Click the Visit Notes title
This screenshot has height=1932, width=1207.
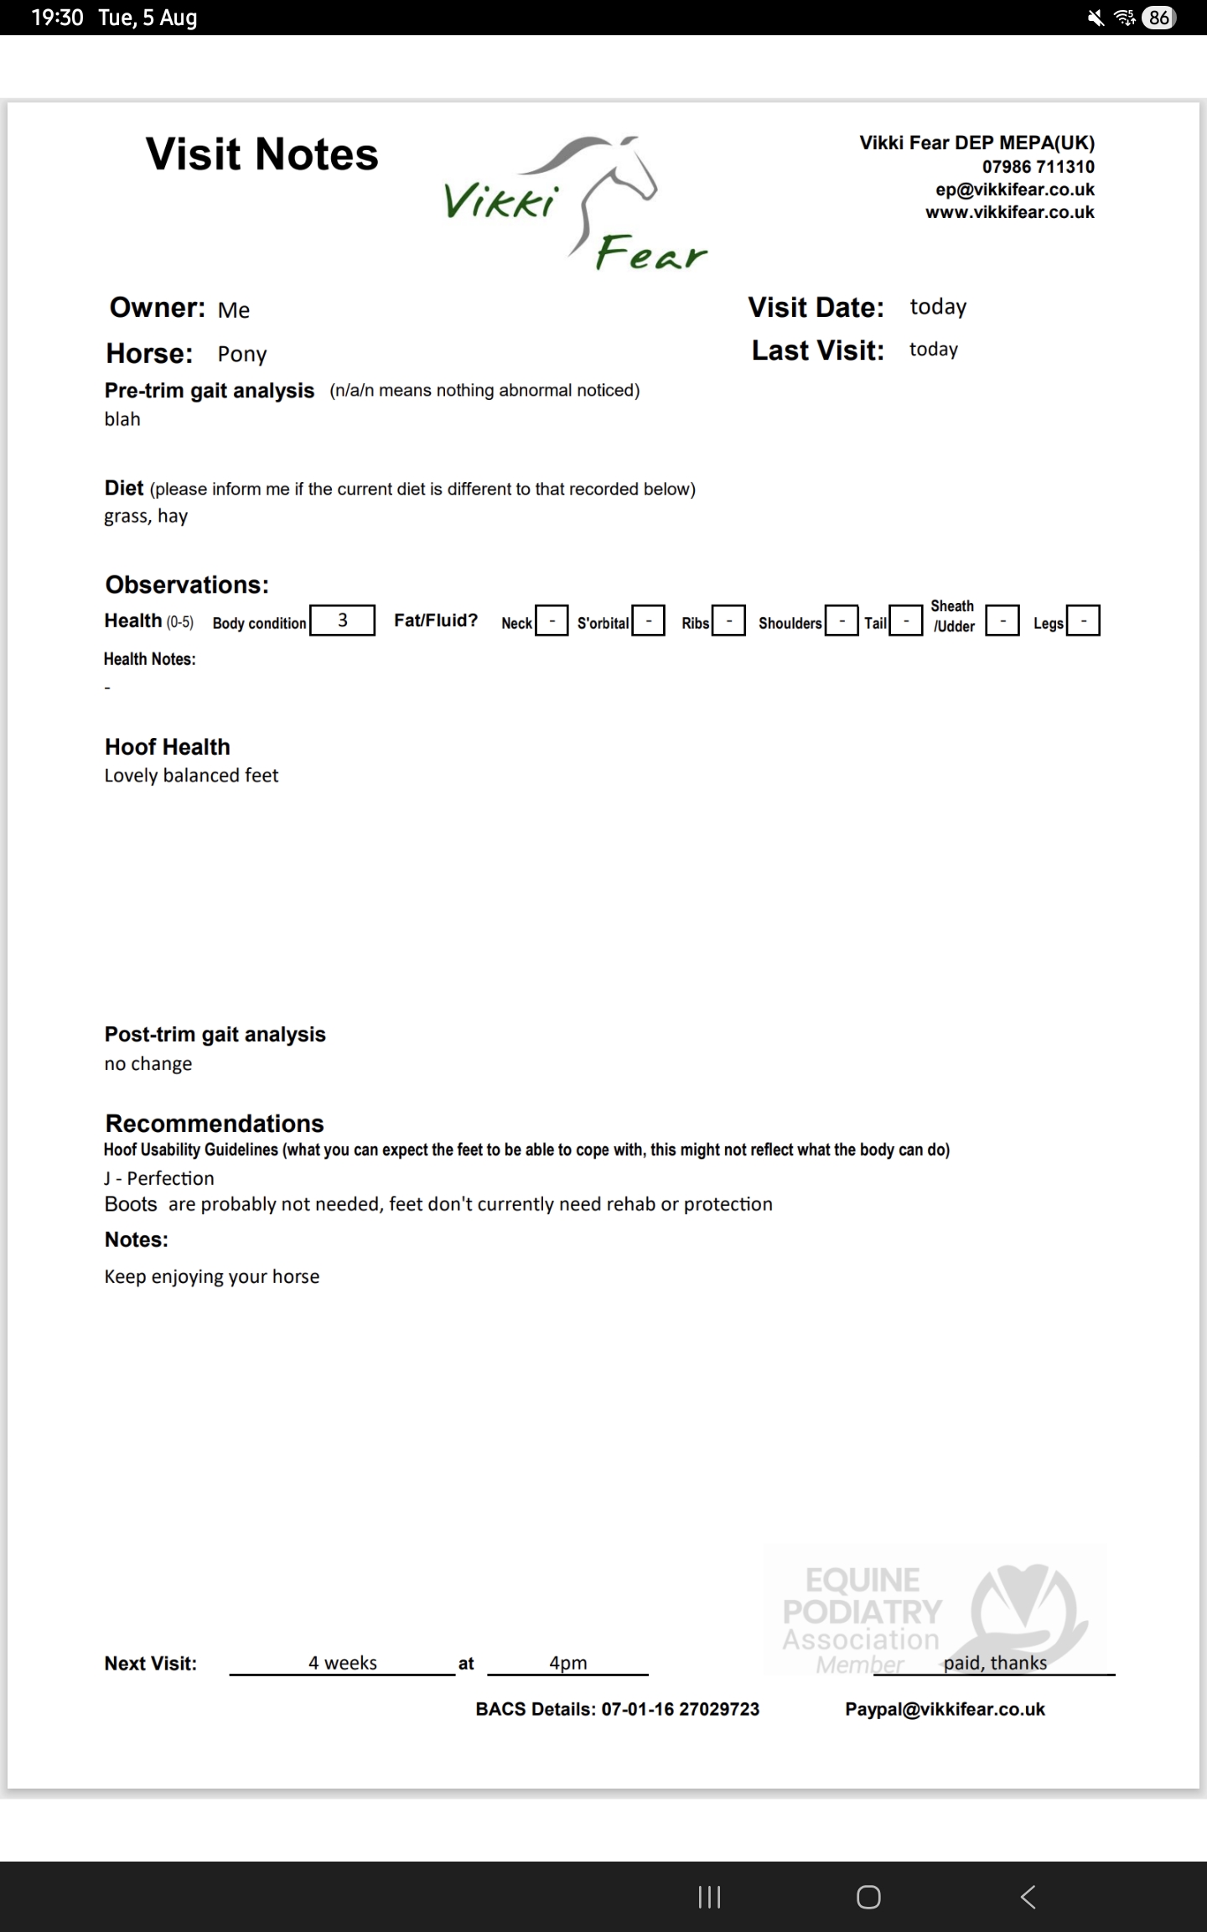pyautogui.click(x=262, y=154)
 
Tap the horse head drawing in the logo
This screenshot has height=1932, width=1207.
pyautogui.click(x=616, y=172)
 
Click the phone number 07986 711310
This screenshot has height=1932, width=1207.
pyautogui.click(x=1038, y=166)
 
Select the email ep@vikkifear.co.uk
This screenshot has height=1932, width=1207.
pyautogui.click(x=1014, y=190)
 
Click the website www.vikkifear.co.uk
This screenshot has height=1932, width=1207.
pyautogui.click(x=1009, y=212)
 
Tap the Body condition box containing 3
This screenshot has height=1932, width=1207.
pyautogui.click(x=342, y=621)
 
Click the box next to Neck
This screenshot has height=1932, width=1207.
pyautogui.click(x=552, y=621)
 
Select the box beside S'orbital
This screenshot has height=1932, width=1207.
pyautogui.click(x=648, y=621)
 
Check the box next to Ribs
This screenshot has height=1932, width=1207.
pyautogui.click(x=728, y=621)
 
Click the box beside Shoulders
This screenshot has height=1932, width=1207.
pyautogui.click(x=842, y=621)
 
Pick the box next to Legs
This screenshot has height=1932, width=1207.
pyautogui.click(x=1083, y=621)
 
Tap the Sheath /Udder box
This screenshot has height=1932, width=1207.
pyautogui.click(x=1002, y=621)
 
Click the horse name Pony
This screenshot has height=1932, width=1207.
pyautogui.click(x=242, y=354)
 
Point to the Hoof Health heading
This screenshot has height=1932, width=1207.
pyautogui.click(x=167, y=746)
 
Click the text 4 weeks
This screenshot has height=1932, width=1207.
pyautogui.click(x=342, y=1663)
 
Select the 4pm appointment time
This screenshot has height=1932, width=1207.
pyautogui.click(x=567, y=1663)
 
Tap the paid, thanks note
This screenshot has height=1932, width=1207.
pyautogui.click(x=995, y=1663)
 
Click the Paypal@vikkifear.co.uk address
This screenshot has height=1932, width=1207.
pyautogui.click(x=945, y=1709)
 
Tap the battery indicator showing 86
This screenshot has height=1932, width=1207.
pyautogui.click(x=1158, y=18)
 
